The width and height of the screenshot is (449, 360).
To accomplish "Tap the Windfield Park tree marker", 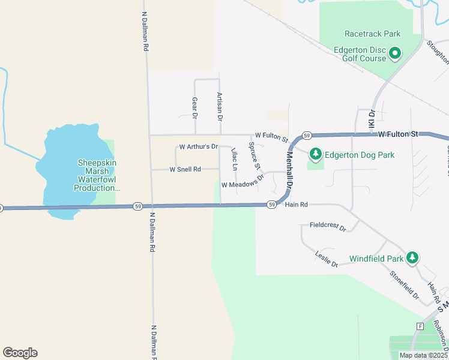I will [x=412, y=258].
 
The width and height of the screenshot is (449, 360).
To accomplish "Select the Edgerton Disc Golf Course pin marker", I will [x=395, y=55].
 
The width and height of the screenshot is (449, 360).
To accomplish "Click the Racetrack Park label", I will [x=372, y=34].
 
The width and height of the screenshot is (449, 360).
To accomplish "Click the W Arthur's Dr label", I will [x=198, y=146].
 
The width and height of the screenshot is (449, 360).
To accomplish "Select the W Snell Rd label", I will [x=185, y=170].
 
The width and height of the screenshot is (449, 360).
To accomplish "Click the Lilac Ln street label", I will [x=234, y=159].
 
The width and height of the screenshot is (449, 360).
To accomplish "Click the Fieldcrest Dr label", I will [x=328, y=226].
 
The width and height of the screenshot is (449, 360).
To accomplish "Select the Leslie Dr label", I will [x=327, y=259].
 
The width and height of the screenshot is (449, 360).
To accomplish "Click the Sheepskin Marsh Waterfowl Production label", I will [x=97, y=175].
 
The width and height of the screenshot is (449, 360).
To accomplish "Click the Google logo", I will [x=20, y=353].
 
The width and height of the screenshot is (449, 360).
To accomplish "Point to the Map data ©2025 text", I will [x=423, y=355].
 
